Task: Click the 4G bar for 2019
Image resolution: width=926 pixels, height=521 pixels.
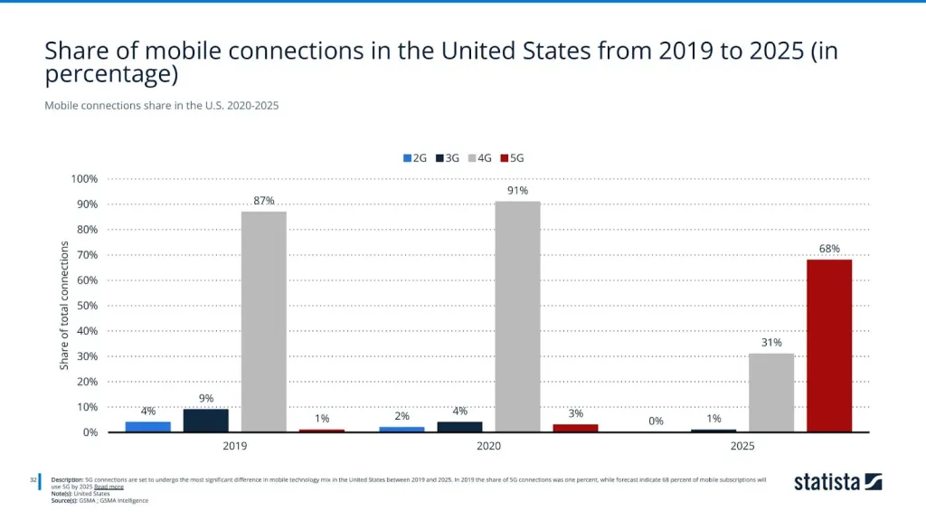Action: coord(263,321)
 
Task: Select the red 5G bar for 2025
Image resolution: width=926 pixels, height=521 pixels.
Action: coord(828,346)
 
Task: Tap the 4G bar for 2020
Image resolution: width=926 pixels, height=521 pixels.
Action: coord(517,317)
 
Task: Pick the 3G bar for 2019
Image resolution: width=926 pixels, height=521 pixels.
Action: coord(206,421)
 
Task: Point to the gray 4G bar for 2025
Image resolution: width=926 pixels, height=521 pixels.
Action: coord(771,393)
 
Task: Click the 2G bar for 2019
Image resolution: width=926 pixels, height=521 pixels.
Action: coord(148,426)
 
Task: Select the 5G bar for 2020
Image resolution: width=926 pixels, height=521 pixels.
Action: coord(575,428)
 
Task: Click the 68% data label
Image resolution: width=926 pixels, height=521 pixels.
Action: coord(829,248)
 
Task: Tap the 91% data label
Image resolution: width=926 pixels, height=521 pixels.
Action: coord(517,190)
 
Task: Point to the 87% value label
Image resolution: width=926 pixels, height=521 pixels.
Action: coord(263,201)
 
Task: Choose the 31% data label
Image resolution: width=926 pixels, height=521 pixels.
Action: coord(771,342)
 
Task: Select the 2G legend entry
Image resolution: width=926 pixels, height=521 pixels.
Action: coord(415,157)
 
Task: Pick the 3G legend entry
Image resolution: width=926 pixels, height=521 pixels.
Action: coord(447,157)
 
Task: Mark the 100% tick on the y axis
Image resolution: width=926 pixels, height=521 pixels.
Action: coord(85,179)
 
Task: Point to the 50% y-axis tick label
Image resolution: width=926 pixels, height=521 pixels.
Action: coord(87,306)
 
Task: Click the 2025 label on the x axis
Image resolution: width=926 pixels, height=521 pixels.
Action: coord(742,446)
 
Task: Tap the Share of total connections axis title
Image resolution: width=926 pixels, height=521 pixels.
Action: coord(64,306)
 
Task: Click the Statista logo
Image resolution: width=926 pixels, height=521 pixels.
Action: coord(837,481)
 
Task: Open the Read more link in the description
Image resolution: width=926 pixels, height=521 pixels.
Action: coord(109,487)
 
